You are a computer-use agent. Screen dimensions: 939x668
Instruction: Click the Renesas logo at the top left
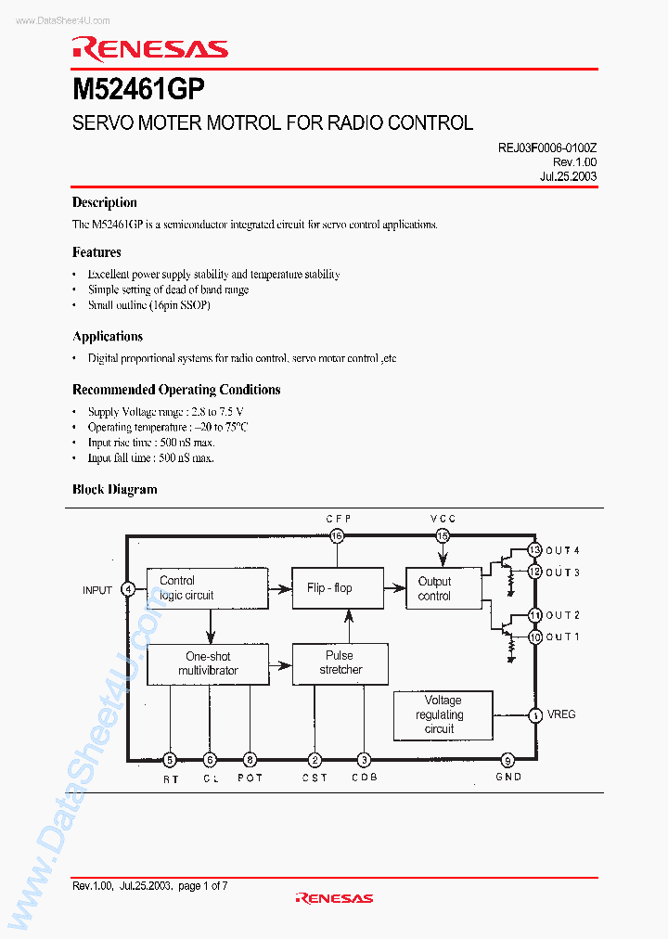(149, 49)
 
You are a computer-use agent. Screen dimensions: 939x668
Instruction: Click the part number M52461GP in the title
(139, 89)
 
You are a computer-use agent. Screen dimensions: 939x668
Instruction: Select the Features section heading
(96, 252)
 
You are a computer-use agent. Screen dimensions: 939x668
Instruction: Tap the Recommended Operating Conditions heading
(176, 390)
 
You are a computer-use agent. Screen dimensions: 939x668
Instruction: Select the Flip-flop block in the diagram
(329, 588)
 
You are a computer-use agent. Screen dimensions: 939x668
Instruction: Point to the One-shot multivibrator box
(208, 663)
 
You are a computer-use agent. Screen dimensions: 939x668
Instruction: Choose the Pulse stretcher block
(340, 662)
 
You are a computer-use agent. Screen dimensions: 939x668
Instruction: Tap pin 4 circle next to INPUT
(128, 589)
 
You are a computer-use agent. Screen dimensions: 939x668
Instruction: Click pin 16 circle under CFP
(337, 535)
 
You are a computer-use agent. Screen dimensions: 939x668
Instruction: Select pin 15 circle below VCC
(443, 535)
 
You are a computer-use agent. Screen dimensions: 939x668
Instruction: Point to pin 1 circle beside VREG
(535, 714)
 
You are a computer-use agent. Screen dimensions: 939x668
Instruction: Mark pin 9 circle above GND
(507, 759)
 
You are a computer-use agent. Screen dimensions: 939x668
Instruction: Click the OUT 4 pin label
(562, 550)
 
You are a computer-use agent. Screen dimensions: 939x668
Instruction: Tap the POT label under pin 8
(250, 778)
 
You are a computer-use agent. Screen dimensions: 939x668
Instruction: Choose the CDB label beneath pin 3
(365, 778)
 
